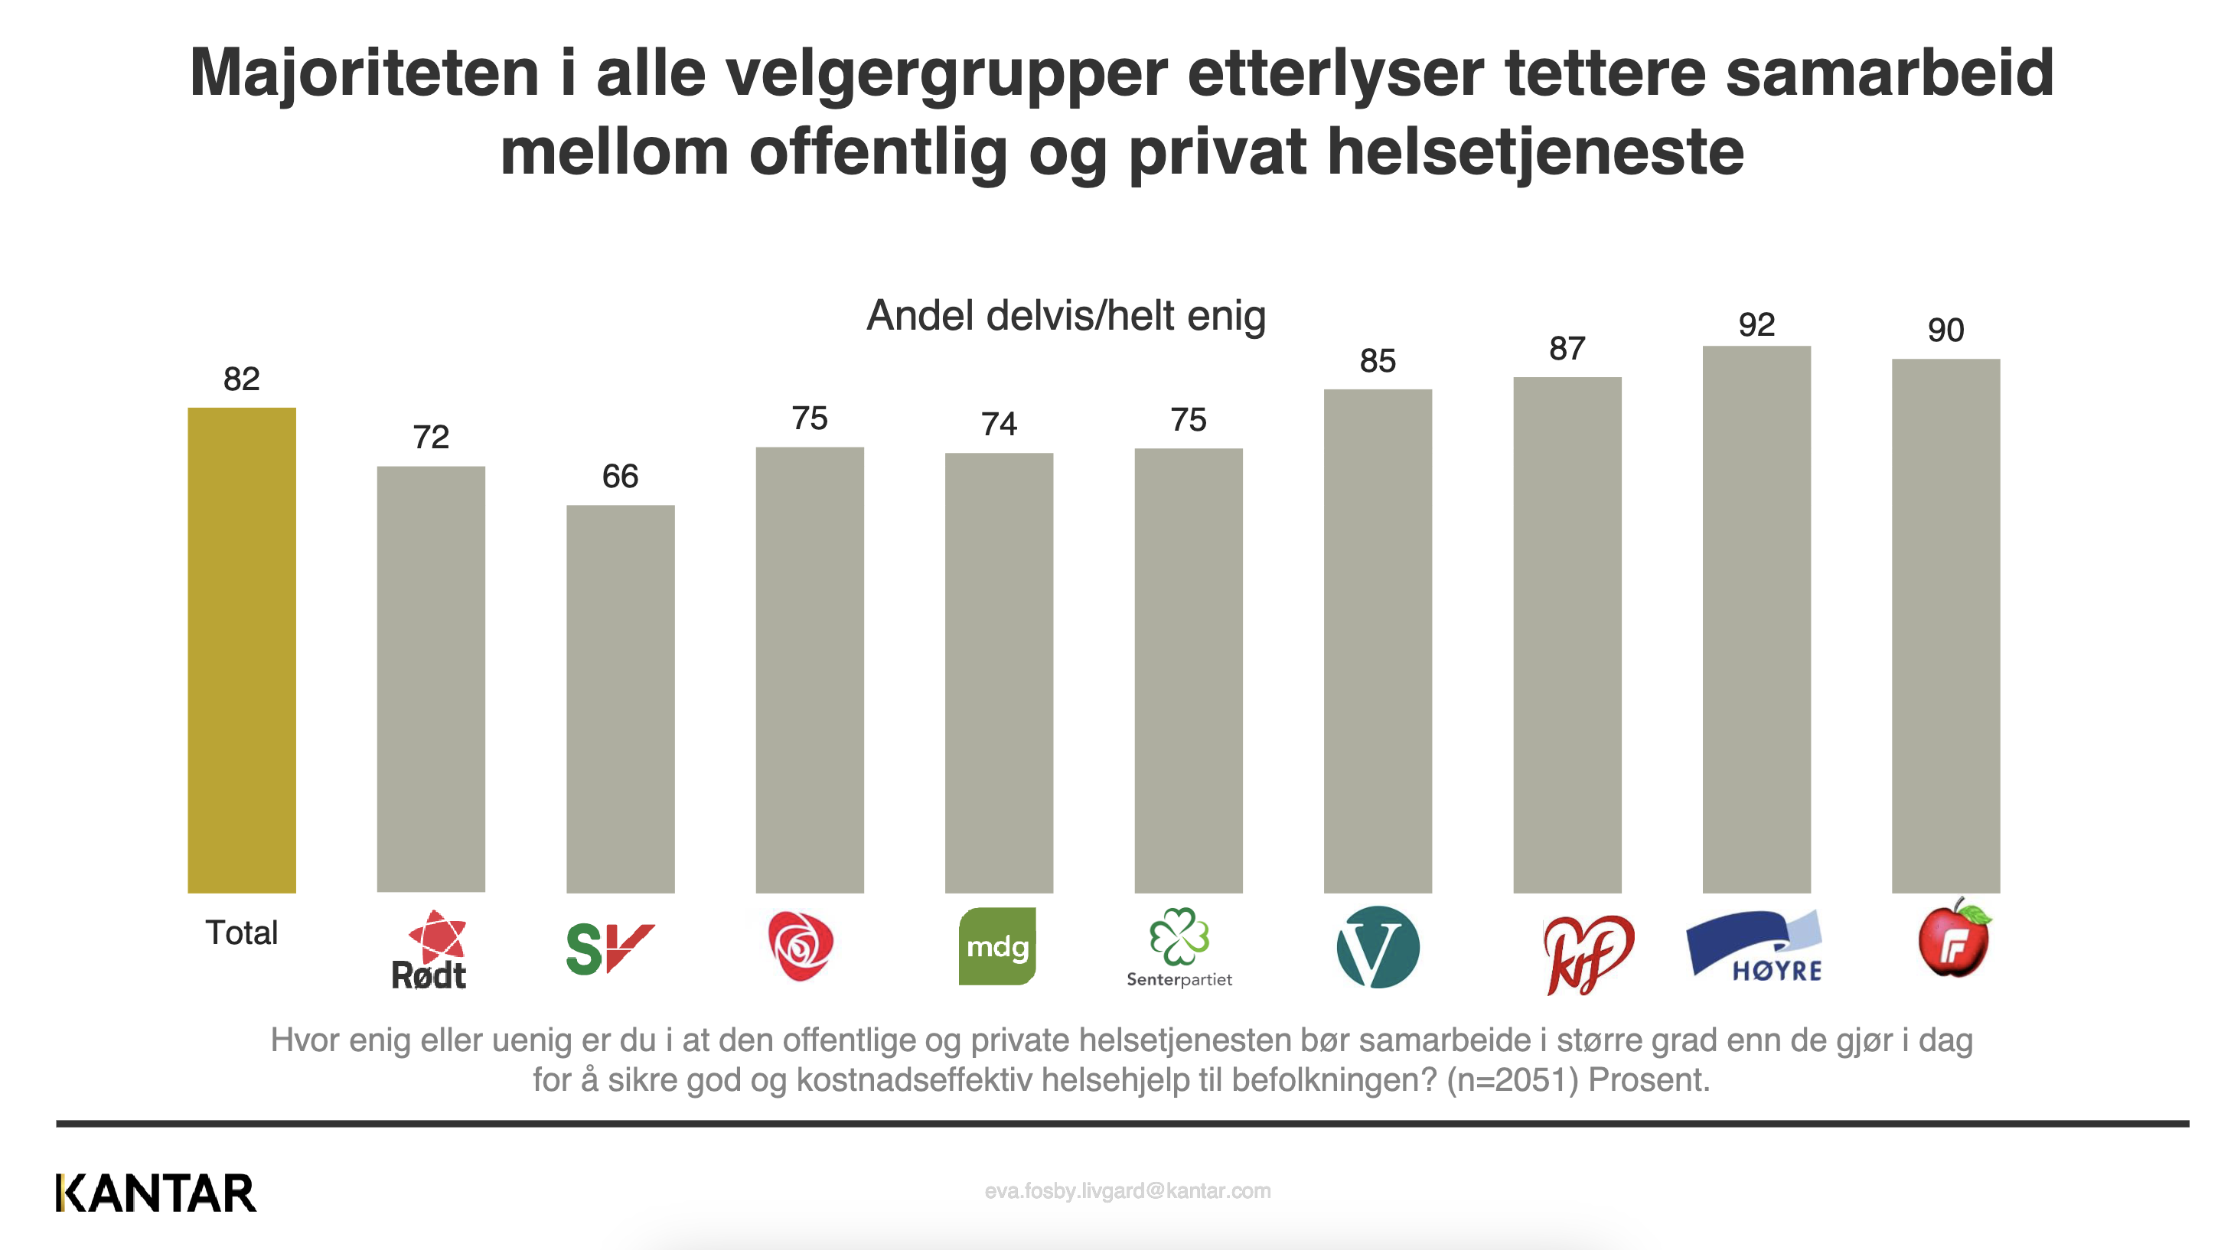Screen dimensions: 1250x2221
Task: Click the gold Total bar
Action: tap(241, 650)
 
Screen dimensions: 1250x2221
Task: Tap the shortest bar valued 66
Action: tap(620, 698)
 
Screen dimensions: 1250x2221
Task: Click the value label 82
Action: tap(241, 379)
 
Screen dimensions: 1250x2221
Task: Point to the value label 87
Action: tap(1567, 349)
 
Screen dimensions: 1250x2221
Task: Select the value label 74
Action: tap(999, 424)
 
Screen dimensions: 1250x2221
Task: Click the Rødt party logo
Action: tap(430, 951)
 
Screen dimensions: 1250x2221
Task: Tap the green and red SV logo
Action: tap(608, 949)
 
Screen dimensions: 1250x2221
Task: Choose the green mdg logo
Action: tap(997, 946)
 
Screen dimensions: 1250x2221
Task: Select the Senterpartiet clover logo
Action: tap(1179, 946)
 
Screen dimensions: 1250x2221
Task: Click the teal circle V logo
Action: tap(1377, 946)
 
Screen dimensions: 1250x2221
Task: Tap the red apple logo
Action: tap(1954, 939)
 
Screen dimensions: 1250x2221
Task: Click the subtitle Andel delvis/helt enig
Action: tap(1065, 315)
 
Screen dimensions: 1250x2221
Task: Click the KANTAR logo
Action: tap(156, 1193)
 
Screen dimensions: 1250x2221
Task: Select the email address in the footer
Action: tap(1127, 1191)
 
